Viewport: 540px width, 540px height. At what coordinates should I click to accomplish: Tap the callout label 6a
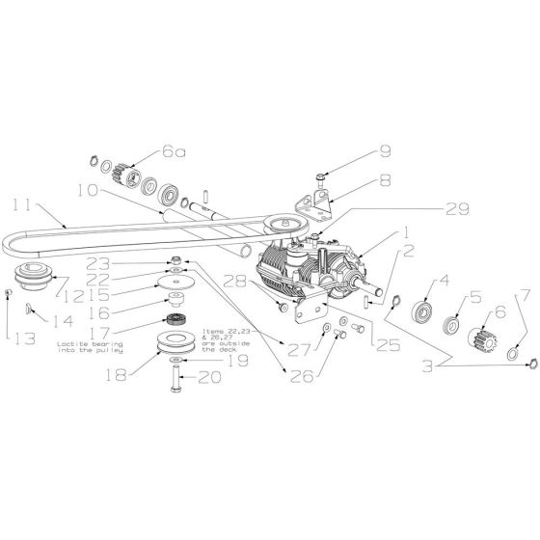175,150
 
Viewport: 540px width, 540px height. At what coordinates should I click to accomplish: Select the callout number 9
385,150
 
